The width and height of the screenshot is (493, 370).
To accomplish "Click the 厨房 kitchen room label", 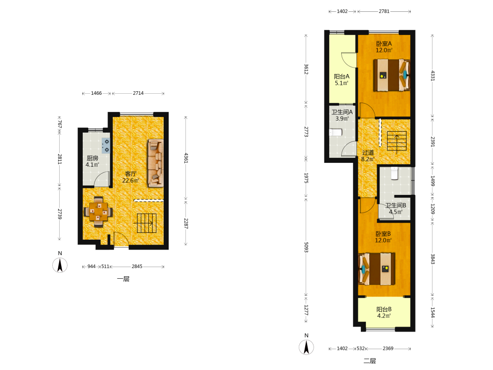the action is tap(93, 158).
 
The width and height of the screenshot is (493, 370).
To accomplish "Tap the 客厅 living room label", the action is tap(131, 174).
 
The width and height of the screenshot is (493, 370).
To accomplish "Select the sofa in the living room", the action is tap(156, 163).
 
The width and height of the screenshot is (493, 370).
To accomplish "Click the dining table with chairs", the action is tap(99, 212).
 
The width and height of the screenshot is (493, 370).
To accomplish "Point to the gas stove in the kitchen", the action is tap(106, 146).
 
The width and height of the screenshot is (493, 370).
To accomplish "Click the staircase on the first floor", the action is tap(146, 223).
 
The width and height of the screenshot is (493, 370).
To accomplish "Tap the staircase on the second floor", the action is tap(397, 141).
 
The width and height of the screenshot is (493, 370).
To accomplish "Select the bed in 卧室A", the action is tap(392, 75).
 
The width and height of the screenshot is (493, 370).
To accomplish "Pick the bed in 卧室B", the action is tap(377, 269).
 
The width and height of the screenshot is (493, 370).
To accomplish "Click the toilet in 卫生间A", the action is tap(335, 132).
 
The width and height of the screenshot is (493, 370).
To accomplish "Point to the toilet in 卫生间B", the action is tap(394, 173).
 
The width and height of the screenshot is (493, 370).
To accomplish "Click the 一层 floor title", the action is tap(123, 279).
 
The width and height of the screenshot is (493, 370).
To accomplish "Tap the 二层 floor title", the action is tap(370, 361).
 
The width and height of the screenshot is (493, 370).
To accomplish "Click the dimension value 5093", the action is tap(306, 247).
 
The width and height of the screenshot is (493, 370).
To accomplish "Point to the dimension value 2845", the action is tap(137, 266).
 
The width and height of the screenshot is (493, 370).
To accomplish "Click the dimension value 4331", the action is tap(433, 76).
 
